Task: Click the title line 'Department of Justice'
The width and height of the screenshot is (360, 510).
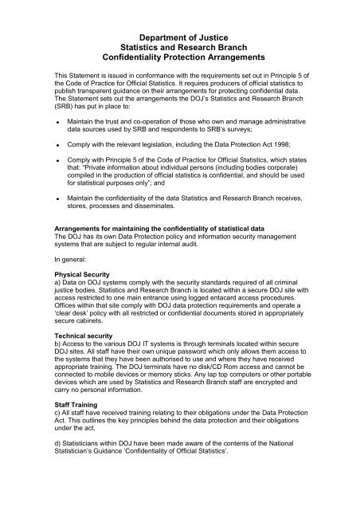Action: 180,35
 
